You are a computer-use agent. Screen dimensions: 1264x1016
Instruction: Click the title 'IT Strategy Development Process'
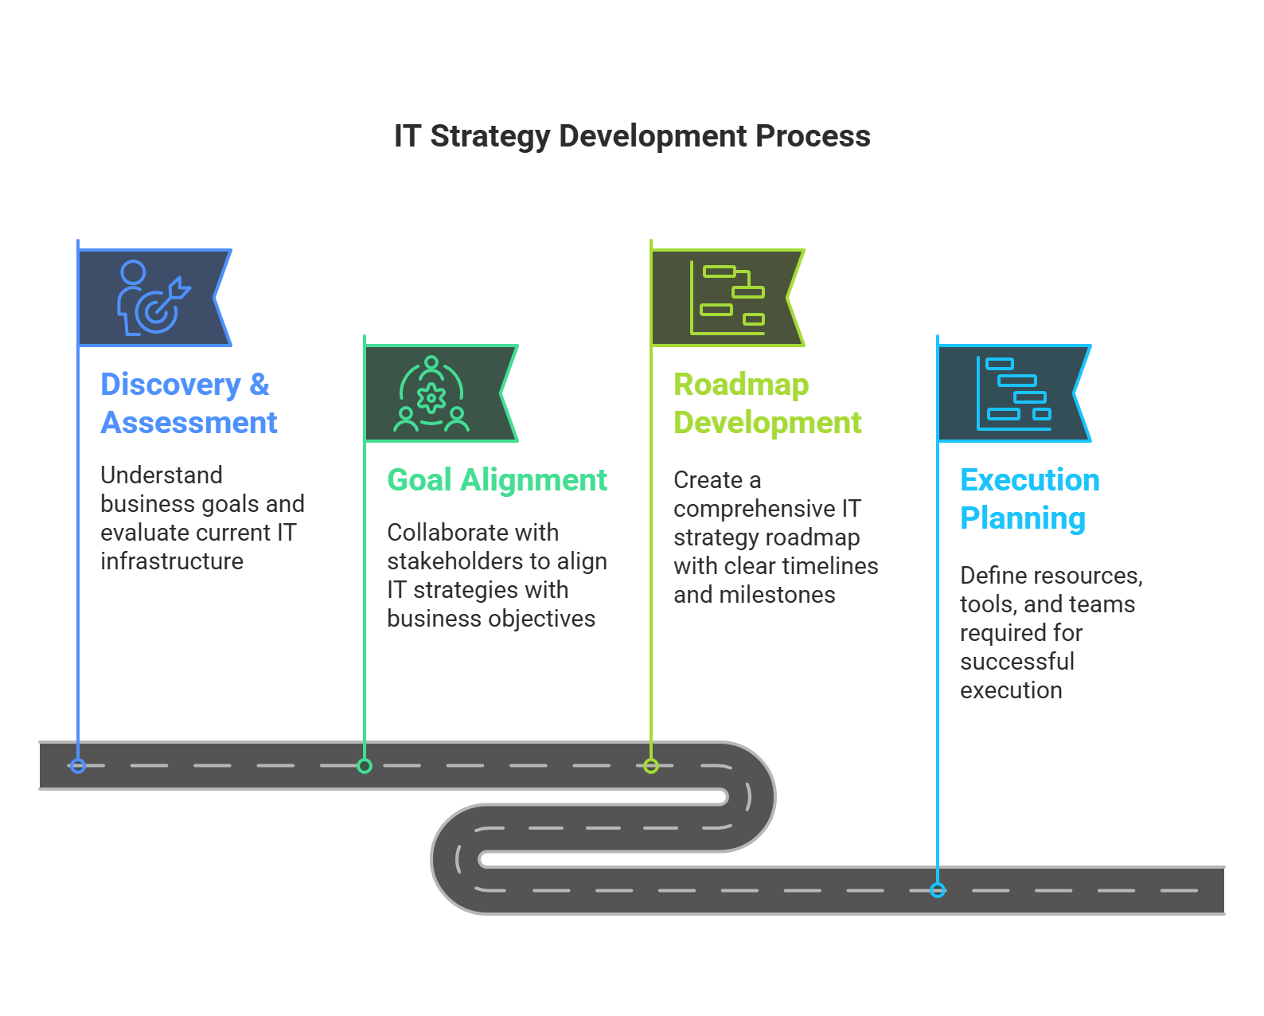(632, 136)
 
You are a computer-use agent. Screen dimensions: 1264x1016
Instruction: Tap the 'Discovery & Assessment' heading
(188, 403)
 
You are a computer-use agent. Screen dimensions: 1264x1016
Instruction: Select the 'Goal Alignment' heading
(497, 479)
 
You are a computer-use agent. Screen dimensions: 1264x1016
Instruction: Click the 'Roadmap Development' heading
(767, 403)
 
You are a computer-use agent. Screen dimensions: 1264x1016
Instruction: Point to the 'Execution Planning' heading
(1030, 499)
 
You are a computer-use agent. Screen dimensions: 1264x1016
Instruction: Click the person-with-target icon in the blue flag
(154, 297)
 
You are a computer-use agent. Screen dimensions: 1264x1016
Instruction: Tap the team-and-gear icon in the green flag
(431, 393)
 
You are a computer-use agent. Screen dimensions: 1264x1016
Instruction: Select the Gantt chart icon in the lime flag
(728, 297)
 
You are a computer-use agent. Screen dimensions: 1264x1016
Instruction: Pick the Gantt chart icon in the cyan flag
(1014, 393)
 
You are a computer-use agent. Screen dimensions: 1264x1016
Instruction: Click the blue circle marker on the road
(78, 766)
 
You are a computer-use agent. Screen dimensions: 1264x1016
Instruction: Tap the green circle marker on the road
(365, 766)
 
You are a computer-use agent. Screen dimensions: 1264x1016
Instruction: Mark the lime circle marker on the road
(651, 766)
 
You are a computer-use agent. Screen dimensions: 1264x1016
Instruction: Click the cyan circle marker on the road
(938, 890)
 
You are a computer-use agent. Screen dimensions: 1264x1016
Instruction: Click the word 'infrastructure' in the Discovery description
(171, 561)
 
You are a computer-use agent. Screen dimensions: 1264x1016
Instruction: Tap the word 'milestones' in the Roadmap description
(777, 595)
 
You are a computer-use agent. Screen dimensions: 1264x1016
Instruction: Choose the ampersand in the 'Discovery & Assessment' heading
(259, 385)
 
